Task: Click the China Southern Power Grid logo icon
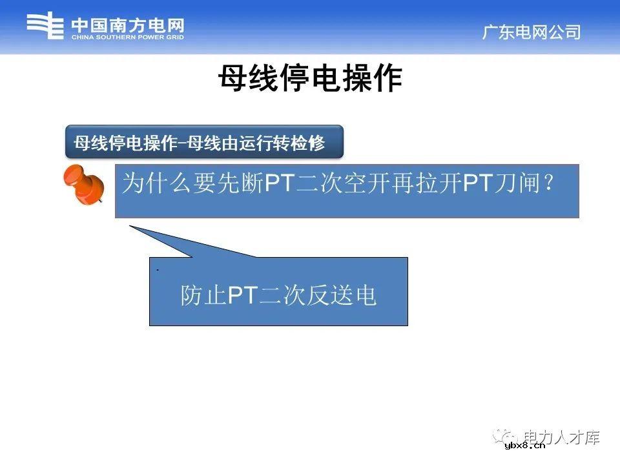tap(45, 28)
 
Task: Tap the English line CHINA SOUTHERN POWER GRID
tap(127, 37)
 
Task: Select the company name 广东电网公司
tap(531, 32)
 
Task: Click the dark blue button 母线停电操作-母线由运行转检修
tap(203, 142)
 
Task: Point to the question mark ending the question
tap(548, 184)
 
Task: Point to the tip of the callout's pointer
tap(130, 226)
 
